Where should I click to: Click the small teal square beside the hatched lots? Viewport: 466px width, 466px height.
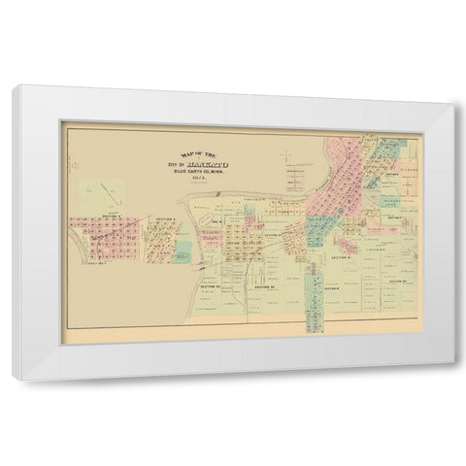click(x=183, y=251)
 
